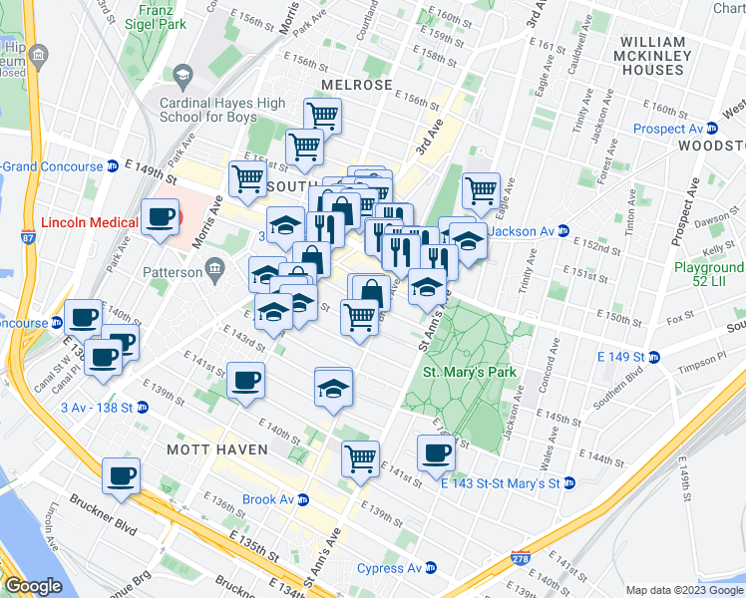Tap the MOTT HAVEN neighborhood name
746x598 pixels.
coord(217,449)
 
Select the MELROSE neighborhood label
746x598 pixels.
coord(356,85)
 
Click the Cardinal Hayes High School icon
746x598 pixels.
coord(183,75)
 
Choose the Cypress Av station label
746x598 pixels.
coord(389,569)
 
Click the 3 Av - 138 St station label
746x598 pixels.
coord(98,407)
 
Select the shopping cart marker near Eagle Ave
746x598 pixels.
coord(481,189)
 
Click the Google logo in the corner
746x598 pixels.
coord(33,586)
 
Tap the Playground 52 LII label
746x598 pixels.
coord(709,276)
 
